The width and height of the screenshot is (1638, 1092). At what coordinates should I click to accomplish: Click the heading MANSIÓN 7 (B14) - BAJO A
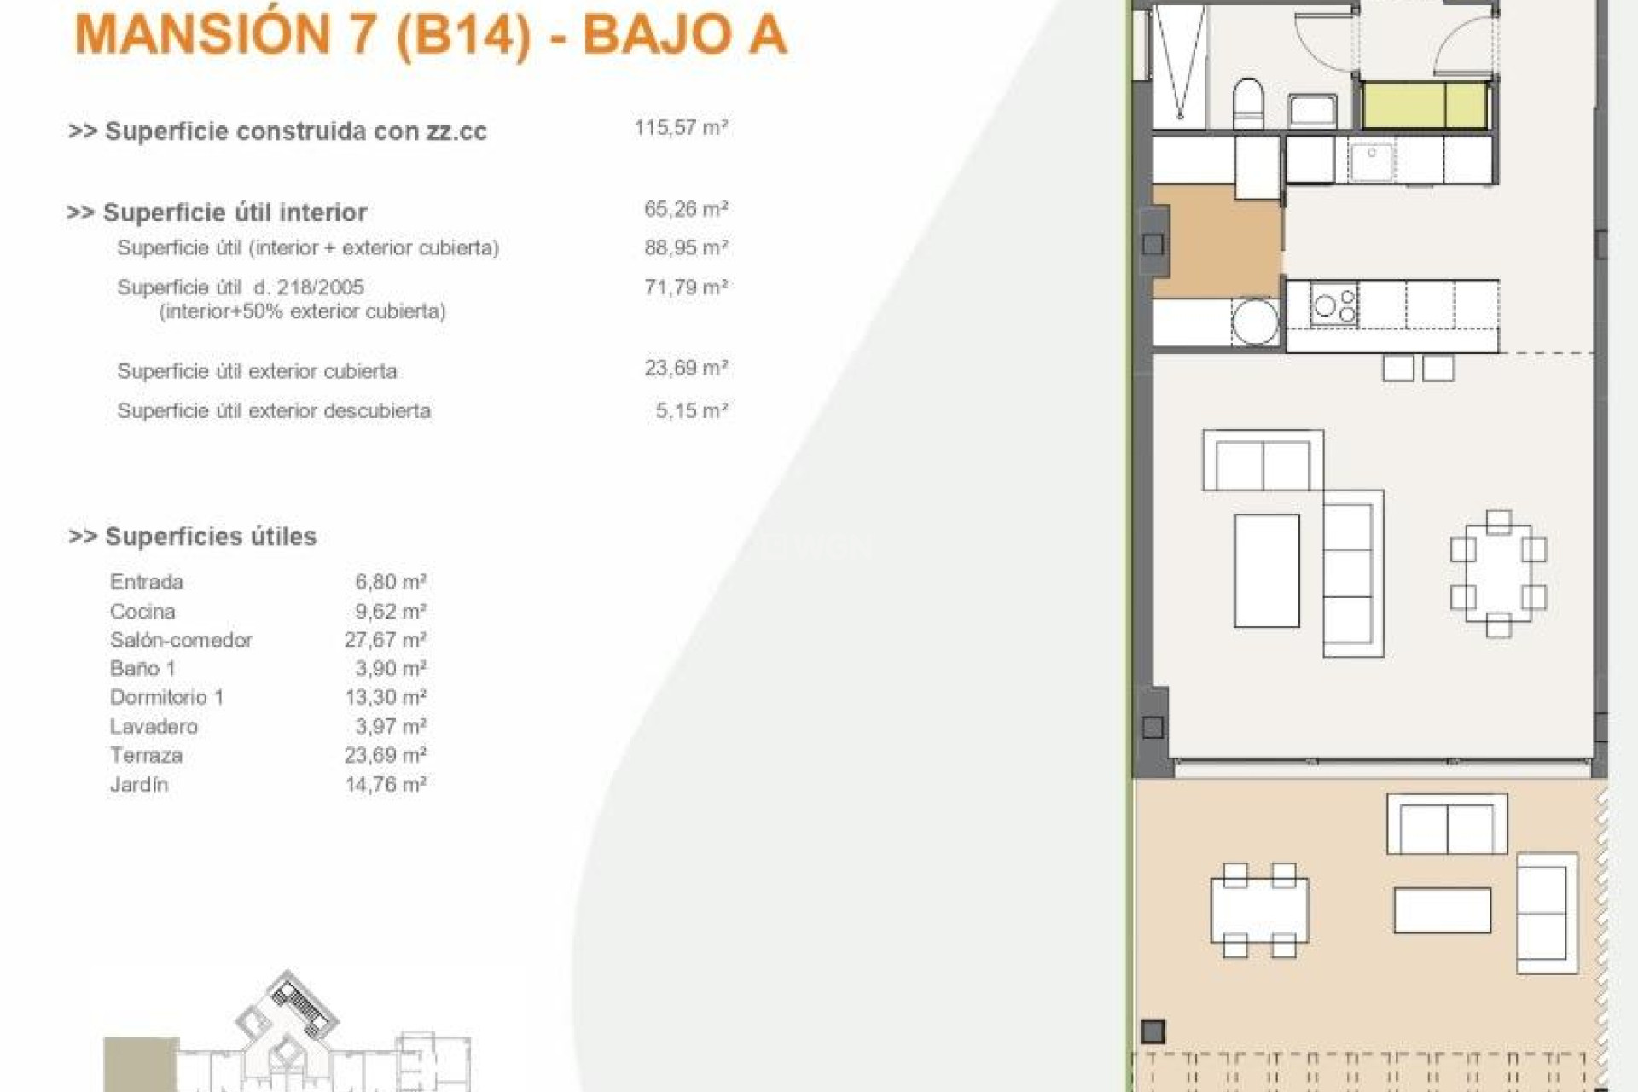coord(431,35)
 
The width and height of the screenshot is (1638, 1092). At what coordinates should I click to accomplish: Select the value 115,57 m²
coord(680,128)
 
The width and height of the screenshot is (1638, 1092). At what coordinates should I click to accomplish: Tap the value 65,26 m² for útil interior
coord(685,209)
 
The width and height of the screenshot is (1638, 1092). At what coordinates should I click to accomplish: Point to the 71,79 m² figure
coord(685,288)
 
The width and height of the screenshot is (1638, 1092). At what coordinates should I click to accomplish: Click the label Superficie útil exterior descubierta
coord(274,411)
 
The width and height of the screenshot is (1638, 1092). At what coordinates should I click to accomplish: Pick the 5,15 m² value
coord(691,411)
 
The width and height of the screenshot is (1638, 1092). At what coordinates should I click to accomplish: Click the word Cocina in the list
coord(142,612)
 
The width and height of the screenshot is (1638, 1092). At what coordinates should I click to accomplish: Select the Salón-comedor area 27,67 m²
coord(385,640)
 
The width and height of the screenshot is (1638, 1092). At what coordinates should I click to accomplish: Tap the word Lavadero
coord(154,727)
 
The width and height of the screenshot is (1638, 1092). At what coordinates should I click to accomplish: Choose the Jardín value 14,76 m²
coord(385,785)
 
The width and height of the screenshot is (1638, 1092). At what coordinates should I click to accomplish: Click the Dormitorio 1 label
coord(166,698)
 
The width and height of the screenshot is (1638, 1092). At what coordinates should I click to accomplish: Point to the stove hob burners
coord(1334,305)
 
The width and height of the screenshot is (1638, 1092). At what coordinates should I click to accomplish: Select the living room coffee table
coord(1267,570)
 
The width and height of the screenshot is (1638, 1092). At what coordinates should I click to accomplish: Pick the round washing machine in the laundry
coord(1255,322)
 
